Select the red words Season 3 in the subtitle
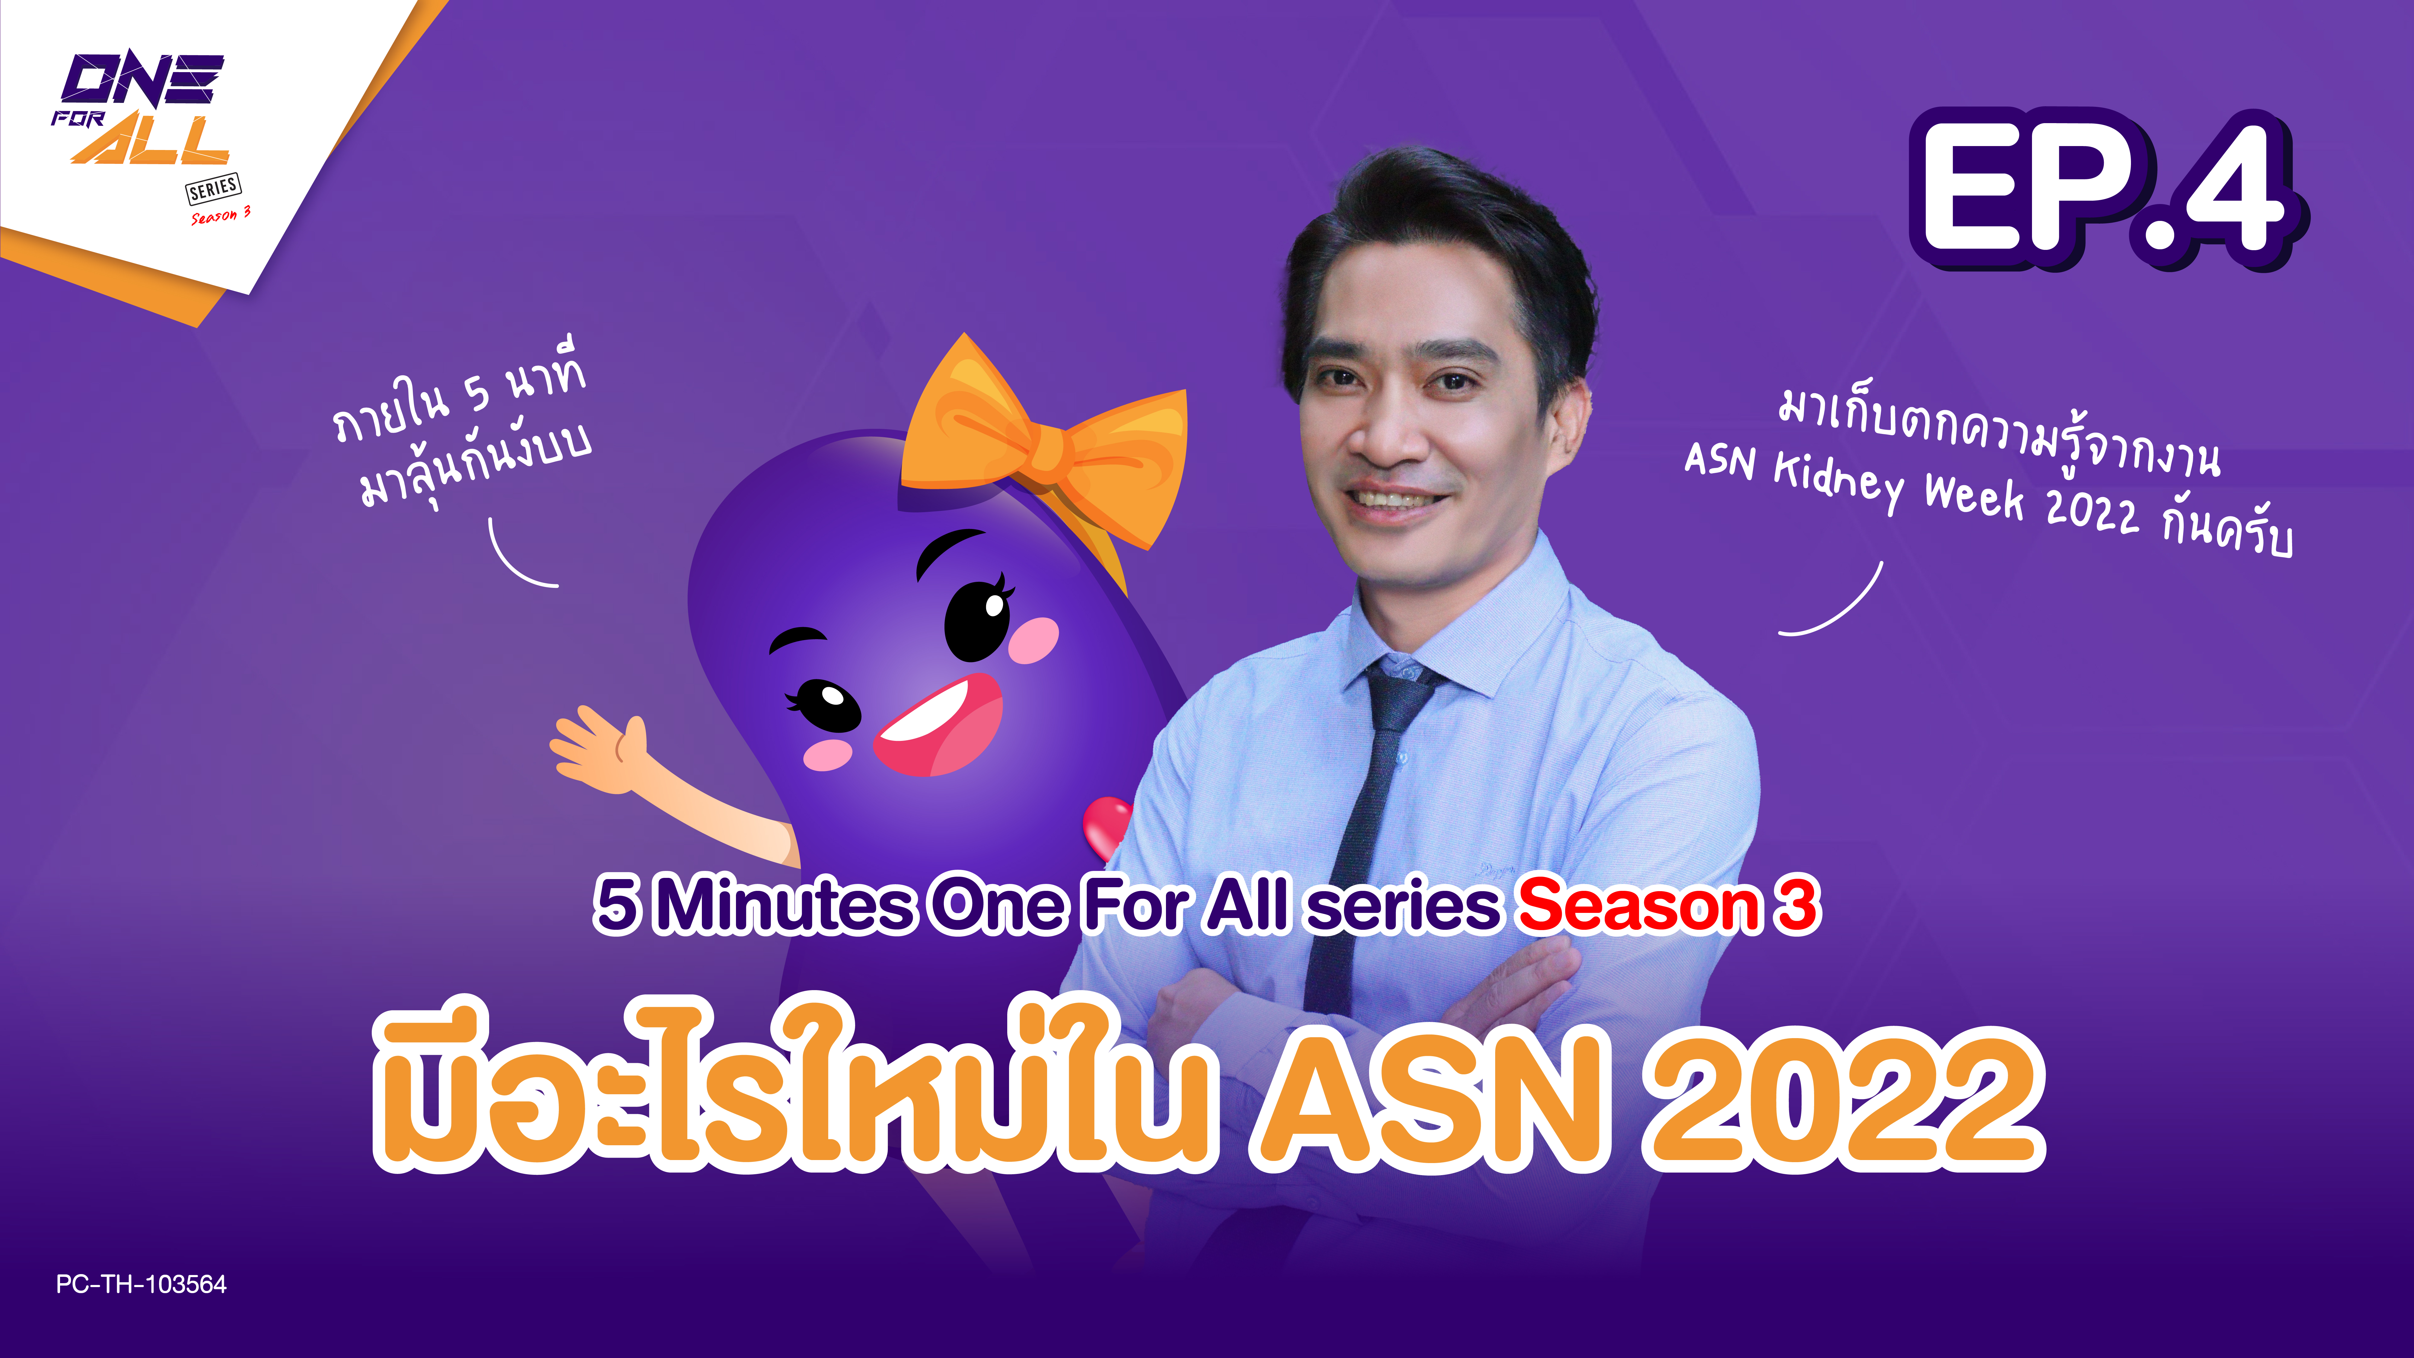point(1668,906)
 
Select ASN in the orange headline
point(1429,1097)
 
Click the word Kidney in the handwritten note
point(1837,480)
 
